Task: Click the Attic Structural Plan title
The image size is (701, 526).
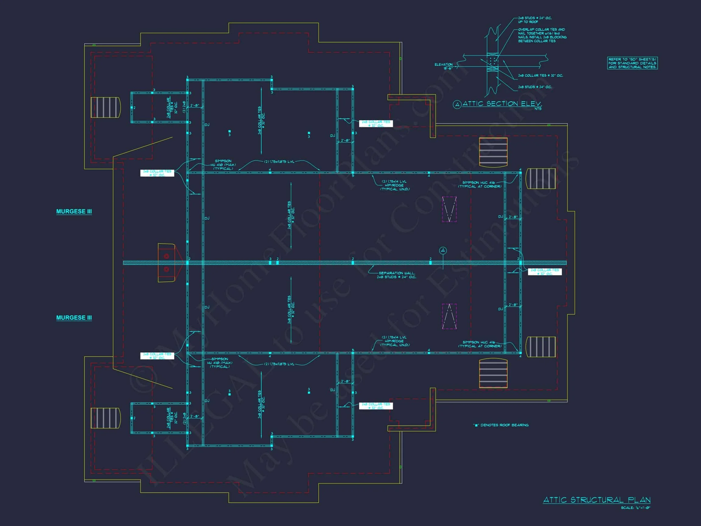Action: click(597, 500)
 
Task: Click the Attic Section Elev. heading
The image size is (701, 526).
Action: click(502, 104)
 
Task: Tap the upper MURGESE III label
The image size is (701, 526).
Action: click(74, 212)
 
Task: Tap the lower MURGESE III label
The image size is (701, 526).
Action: click(74, 318)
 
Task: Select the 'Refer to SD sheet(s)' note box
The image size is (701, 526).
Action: click(632, 63)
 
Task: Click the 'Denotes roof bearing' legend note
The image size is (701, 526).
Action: click(501, 425)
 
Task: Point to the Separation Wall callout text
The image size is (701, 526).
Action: click(396, 275)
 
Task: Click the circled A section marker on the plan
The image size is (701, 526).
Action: click(443, 251)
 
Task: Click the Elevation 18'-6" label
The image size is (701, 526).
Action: click(444, 66)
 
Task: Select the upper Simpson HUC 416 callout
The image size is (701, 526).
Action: click(480, 184)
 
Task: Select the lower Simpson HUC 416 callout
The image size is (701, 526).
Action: click(480, 344)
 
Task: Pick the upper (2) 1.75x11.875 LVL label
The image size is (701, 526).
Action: click(279, 162)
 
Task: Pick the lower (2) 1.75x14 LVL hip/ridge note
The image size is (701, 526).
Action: click(395, 341)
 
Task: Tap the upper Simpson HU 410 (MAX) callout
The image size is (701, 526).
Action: click(223, 165)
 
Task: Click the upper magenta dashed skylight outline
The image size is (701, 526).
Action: click(449, 209)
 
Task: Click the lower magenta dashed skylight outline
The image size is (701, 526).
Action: click(449, 316)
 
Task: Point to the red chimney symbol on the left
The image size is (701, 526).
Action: click(166, 262)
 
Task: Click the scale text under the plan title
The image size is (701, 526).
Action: click(635, 508)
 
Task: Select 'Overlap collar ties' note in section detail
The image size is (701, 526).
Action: click(542, 35)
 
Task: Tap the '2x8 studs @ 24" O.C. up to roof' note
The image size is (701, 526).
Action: click(535, 20)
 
